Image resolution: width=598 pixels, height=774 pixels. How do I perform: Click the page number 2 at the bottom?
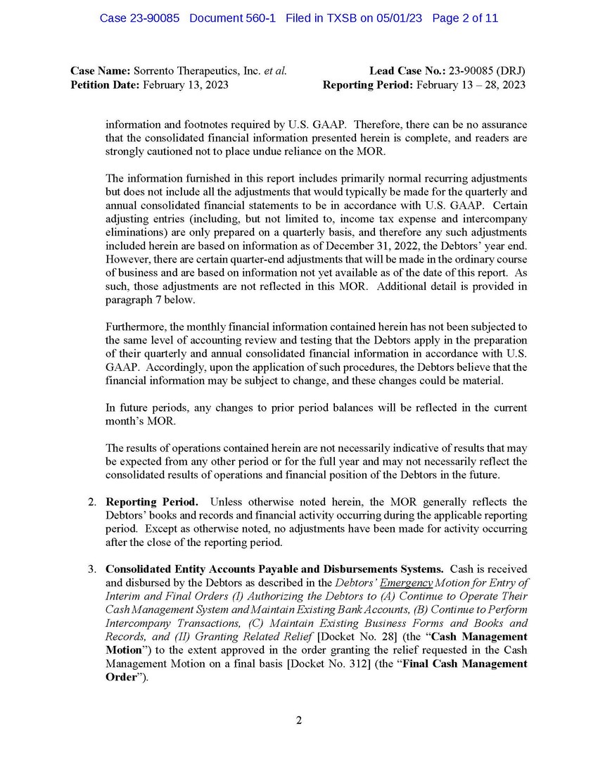coord(298,720)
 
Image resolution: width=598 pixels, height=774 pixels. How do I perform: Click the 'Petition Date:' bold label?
coord(105,85)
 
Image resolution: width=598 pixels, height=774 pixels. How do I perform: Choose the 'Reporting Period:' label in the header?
coord(368,85)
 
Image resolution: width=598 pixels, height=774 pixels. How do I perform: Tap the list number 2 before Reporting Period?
coord(91,502)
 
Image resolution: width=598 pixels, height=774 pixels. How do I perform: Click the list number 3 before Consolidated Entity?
coord(91,569)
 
